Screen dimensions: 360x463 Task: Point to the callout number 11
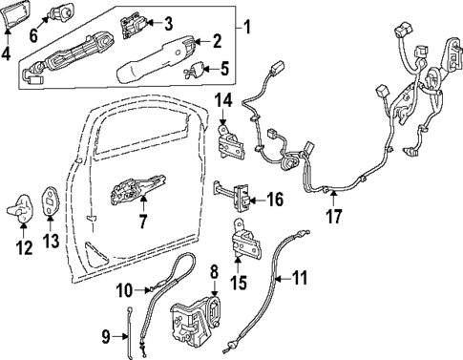[x=301, y=279]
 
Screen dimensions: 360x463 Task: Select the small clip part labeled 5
[x=198, y=69]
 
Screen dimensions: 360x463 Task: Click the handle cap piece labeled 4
[x=10, y=15]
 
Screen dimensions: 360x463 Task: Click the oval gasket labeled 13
[x=49, y=199]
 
